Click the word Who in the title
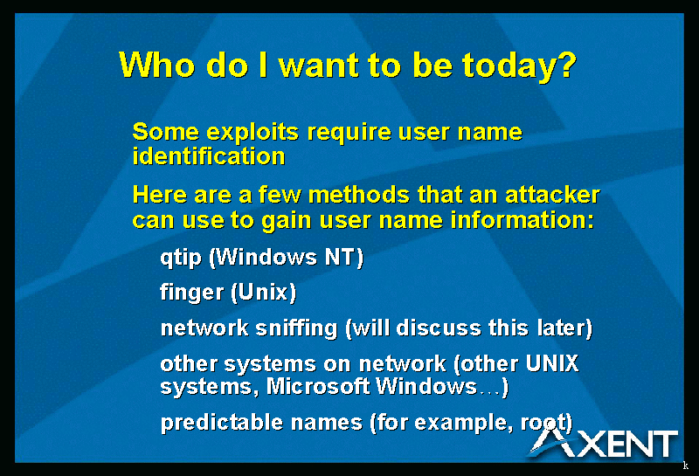coord(157,66)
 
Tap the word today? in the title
coord(519,67)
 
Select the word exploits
coord(253,133)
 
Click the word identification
coord(209,156)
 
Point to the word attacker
coord(552,195)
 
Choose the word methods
coord(359,195)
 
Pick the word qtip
coord(181,258)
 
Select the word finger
coord(191,293)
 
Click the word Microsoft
coord(318,386)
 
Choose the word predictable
coord(221,423)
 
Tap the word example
coord(460,423)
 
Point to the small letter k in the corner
coord(686,466)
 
